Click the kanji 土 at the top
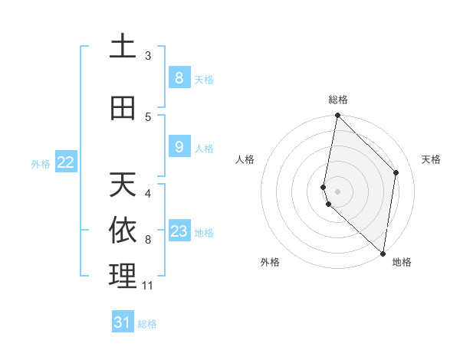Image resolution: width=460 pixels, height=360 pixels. [x=123, y=47]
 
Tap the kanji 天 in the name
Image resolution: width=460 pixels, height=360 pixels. [x=123, y=185]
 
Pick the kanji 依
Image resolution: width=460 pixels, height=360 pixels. [x=123, y=231]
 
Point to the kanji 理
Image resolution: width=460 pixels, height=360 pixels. [x=123, y=277]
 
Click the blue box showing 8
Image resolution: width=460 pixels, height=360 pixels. [x=179, y=77]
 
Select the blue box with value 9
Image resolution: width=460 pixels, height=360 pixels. [x=179, y=146]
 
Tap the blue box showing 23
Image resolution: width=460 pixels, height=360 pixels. [x=179, y=231]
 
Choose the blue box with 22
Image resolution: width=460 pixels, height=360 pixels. [x=66, y=162]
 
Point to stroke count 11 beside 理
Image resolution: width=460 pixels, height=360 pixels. [x=148, y=286]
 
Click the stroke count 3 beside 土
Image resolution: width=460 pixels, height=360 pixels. [x=148, y=56]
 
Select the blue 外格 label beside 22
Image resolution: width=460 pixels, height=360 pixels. [x=41, y=163]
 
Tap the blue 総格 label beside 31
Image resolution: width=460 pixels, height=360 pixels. [x=147, y=324]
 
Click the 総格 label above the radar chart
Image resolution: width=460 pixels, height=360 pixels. [x=338, y=100]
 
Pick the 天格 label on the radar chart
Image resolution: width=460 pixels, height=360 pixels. [x=431, y=159]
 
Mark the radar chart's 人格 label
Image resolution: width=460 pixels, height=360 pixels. [x=245, y=159]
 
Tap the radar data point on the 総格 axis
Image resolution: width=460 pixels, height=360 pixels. [x=337, y=116]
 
